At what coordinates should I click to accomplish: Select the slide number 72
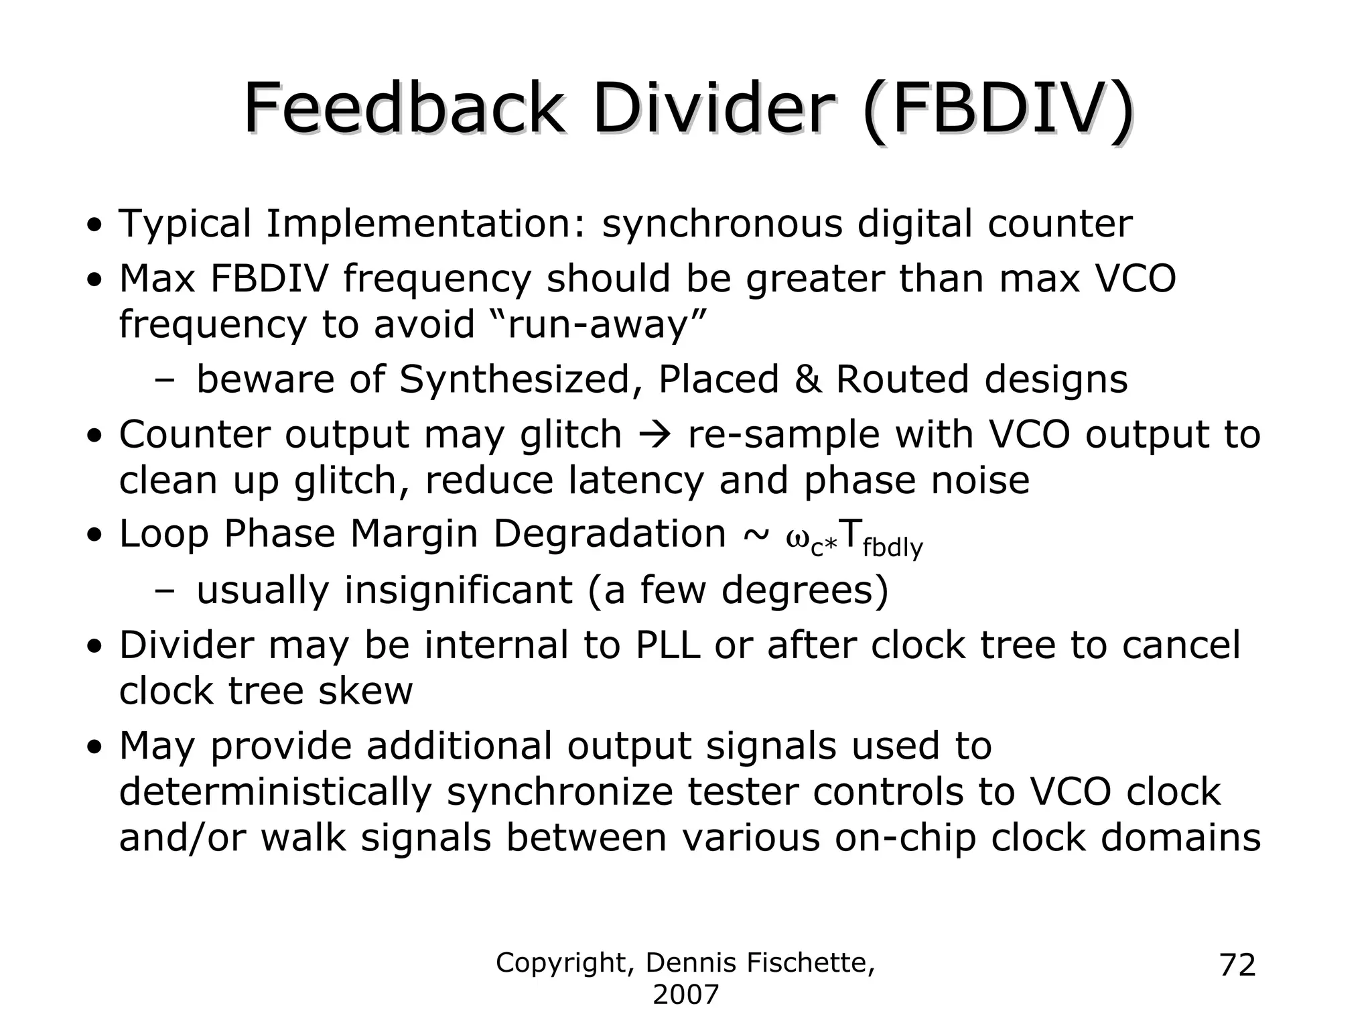click(x=1237, y=966)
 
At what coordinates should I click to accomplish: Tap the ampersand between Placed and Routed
click(x=807, y=379)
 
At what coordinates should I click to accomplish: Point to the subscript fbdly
click(x=892, y=548)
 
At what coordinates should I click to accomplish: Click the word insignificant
click(x=458, y=590)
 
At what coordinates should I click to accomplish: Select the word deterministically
click(x=275, y=792)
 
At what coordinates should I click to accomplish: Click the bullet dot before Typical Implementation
click(x=96, y=225)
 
